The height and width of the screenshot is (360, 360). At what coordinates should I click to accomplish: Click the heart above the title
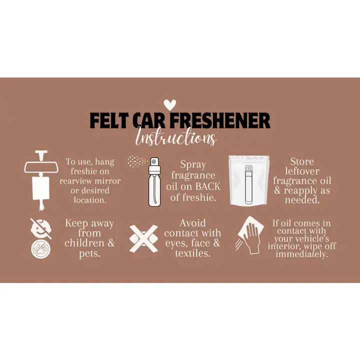(x=170, y=104)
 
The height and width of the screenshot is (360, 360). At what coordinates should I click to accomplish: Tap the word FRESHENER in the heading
(x=220, y=120)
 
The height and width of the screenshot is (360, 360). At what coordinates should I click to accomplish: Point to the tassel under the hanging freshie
(x=41, y=205)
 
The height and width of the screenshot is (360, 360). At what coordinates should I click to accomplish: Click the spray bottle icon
(x=154, y=181)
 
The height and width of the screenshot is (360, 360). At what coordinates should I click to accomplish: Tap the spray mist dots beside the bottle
(x=137, y=161)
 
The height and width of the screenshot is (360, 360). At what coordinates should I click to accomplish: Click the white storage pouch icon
(x=249, y=180)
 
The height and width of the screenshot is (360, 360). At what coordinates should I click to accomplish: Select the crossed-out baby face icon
(x=41, y=228)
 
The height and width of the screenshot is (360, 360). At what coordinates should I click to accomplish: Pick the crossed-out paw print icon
(x=41, y=249)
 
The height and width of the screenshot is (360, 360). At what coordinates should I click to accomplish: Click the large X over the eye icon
(x=143, y=238)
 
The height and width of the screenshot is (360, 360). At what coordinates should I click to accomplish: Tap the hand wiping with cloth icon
(x=250, y=235)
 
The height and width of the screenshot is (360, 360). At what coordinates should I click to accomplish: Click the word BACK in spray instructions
(x=208, y=186)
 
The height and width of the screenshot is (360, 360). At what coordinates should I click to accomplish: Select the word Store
(x=302, y=161)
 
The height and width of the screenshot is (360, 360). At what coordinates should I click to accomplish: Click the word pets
(x=90, y=253)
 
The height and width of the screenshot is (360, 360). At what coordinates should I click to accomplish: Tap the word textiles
(x=192, y=253)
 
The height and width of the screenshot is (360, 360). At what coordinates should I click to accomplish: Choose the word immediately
(x=301, y=254)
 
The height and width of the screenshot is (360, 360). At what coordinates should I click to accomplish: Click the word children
(x=84, y=243)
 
